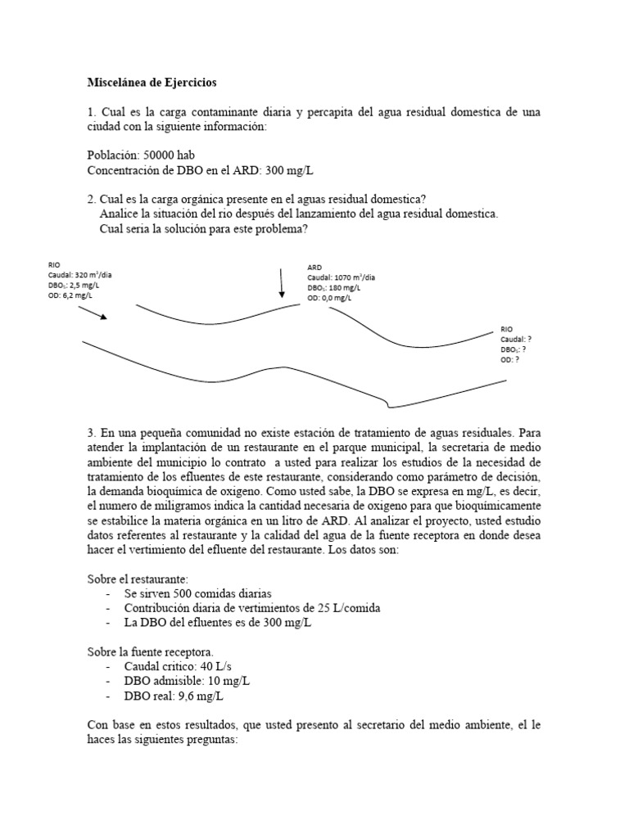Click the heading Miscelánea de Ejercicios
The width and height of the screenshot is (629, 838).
pos(153,83)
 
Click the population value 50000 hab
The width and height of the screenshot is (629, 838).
pos(170,155)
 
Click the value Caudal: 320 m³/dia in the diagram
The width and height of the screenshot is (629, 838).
pos(80,275)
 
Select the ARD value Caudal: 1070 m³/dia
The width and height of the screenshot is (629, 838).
pos(342,277)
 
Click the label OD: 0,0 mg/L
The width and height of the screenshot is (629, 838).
pos(330,299)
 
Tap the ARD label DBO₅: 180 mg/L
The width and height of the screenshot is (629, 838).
pos(335,288)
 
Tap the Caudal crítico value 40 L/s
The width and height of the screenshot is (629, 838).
pos(208,667)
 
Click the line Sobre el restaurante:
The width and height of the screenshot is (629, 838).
pos(138,579)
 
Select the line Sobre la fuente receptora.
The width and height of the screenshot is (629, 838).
pos(151,652)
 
